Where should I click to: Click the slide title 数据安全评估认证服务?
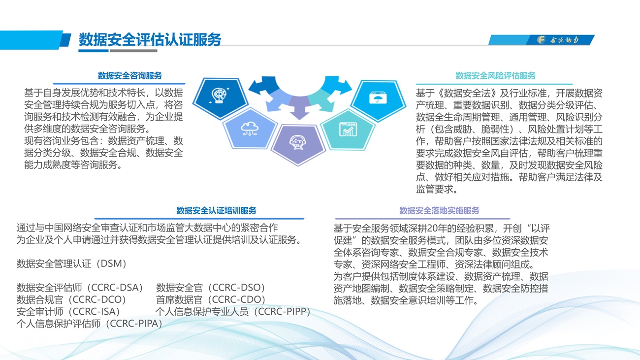(150, 39)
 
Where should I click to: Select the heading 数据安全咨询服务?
(130, 76)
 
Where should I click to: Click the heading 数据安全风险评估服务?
(495, 76)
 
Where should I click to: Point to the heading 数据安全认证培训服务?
(216, 211)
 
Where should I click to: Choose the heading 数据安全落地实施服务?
(439, 211)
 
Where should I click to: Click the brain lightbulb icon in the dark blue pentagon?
(219, 95)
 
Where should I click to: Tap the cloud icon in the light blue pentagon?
(250, 128)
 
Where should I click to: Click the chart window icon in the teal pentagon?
(348, 130)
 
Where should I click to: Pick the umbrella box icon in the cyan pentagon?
(378, 98)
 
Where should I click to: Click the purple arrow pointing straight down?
(300, 108)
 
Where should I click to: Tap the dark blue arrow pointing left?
(263, 85)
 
